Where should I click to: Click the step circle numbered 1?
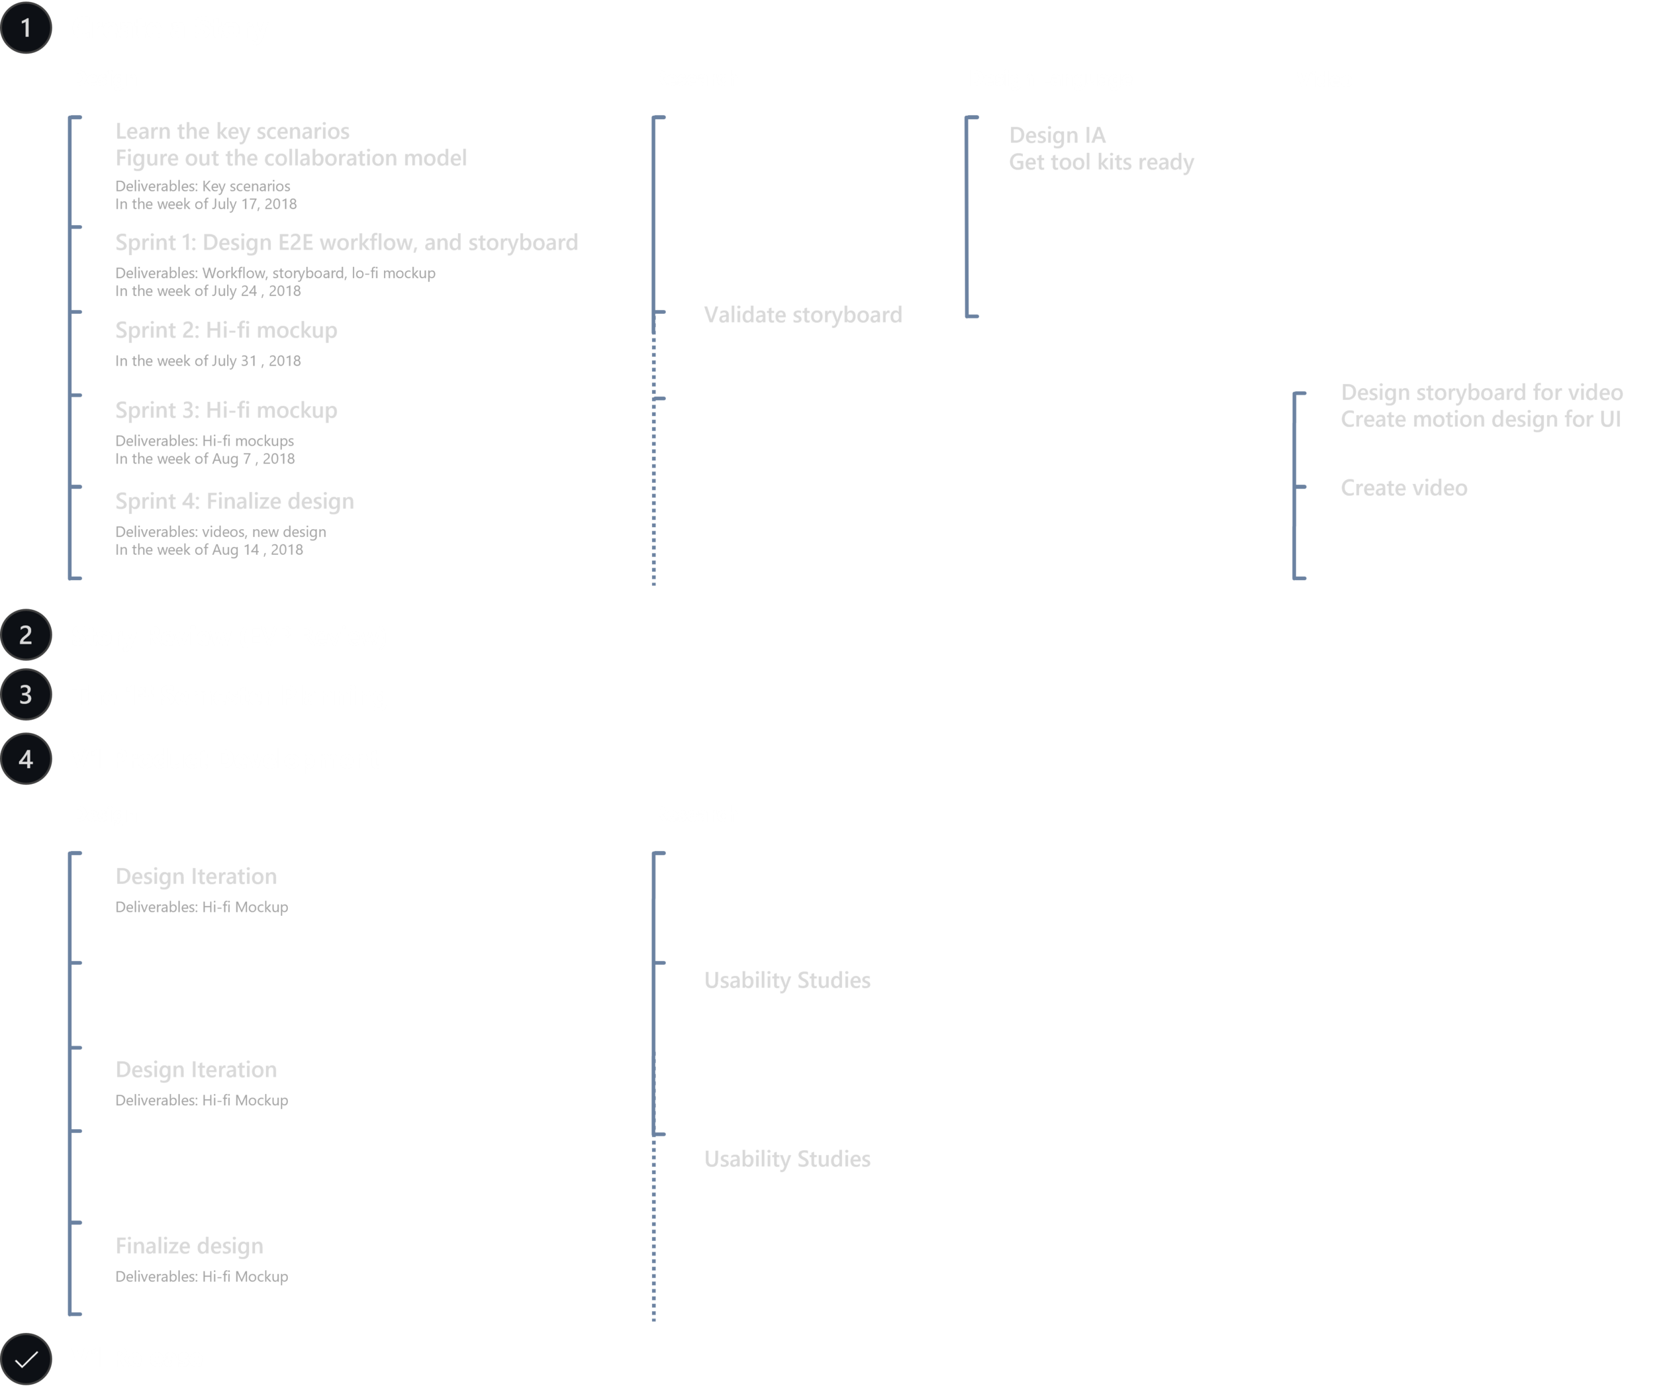pyautogui.click(x=26, y=29)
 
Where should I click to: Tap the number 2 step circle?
pyautogui.click(x=26, y=634)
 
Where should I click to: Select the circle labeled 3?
pyautogui.click(x=26, y=695)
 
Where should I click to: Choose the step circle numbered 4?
pyautogui.click(x=26, y=759)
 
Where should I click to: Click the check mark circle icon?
pyautogui.click(x=26, y=1360)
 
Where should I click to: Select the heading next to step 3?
pyautogui.click(x=228, y=701)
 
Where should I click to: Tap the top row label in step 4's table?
pyautogui.click(x=193, y=883)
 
